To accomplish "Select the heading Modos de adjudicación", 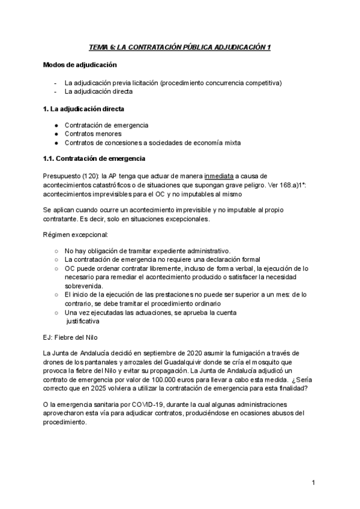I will tap(80, 65).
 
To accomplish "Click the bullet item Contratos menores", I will tap(92, 134).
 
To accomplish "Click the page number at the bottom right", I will tap(313, 483).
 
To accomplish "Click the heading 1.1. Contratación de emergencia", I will tap(94, 158).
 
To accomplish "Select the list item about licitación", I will tap(173, 83).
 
